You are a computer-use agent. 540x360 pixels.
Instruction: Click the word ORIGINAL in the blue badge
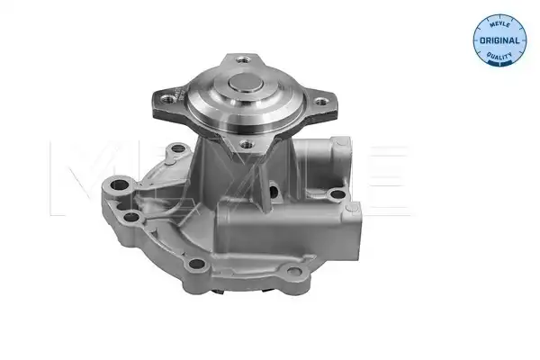(499, 40)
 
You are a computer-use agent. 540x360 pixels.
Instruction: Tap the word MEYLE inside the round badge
(499, 24)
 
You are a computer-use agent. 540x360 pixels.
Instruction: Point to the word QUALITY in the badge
(499, 55)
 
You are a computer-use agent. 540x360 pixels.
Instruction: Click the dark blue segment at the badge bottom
(499, 63)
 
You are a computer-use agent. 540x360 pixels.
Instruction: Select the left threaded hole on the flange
(169, 100)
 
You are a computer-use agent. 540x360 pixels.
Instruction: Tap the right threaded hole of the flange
(320, 102)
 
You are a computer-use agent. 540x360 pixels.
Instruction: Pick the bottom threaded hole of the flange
(247, 144)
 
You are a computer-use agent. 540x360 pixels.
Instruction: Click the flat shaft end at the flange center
(246, 83)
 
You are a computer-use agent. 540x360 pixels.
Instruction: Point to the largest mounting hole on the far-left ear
(120, 185)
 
